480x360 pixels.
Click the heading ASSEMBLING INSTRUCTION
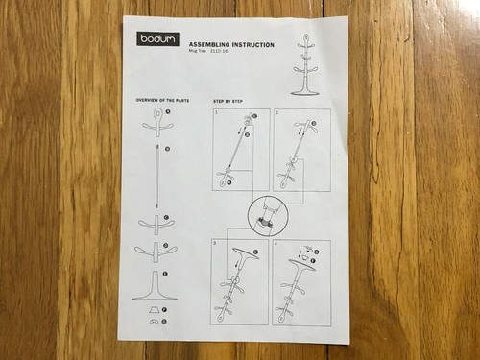[x=231, y=45]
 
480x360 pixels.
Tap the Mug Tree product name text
[x=203, y=53]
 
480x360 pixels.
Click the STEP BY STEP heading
[x=228, y=100]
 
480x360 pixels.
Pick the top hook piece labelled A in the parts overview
[x=156, y=122]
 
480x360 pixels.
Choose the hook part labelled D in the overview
[x=156, y=252]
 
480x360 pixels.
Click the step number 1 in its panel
[x=218, y=113]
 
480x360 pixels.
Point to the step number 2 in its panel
[x=277, y=113]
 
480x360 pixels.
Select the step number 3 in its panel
[x=217, y=244]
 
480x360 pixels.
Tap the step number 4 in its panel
[x=276, y=245]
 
